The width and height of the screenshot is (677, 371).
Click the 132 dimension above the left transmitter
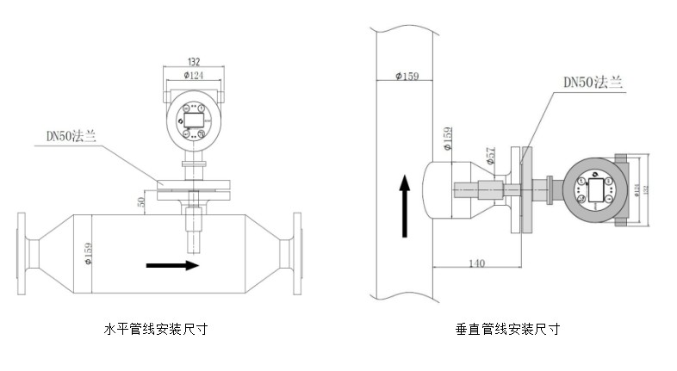click(x=194, y=63)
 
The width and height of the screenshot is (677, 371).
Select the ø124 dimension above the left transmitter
click(x=194, y=77)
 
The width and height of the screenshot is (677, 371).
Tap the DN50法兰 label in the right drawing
click(x=593, y=83)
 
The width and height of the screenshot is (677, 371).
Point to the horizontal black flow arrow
click(x=173, y=265)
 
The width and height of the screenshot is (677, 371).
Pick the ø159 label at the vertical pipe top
click(x=405, y=77)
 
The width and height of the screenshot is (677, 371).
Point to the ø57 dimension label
click(x=491, y=158)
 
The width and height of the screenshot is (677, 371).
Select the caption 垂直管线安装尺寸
click(x=508, y=329)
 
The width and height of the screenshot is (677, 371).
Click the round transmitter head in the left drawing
click(x=194, y=121)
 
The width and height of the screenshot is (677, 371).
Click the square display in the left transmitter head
click(x=194, y=114)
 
